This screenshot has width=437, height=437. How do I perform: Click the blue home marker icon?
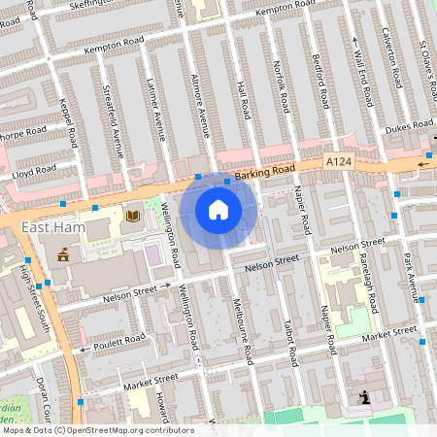click(x=218, y=209)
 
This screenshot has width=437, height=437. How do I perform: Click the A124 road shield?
click(x=338, y=161)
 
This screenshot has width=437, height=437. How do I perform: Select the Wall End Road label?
click(x=365, y=83)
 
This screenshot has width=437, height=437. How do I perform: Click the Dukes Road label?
click(x=408, y=125)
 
